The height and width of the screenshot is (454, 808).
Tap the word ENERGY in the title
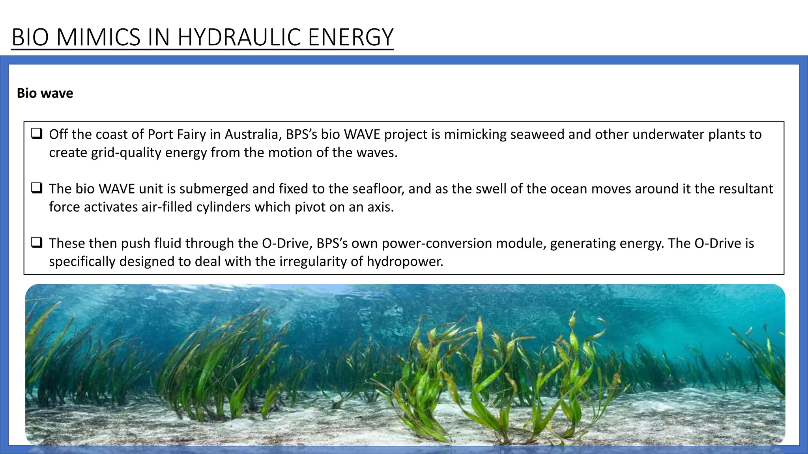(x=350, y=37)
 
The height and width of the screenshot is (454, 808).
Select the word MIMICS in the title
(x=98, y=37)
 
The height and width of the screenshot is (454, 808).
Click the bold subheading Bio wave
(x=45, y=93)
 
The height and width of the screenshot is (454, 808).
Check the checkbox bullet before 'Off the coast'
(x=37, y=134)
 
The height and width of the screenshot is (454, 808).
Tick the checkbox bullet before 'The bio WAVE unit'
(x=37, y=188)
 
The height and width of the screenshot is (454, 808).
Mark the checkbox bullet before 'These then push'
(x=37, y=243)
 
